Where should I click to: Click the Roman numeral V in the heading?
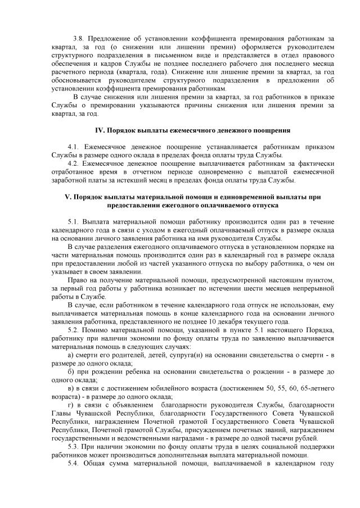coord(67,197)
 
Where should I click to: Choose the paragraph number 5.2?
coord(71,329)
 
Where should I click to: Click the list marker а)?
coord(70,355)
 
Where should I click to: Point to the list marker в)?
coord(70,388)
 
